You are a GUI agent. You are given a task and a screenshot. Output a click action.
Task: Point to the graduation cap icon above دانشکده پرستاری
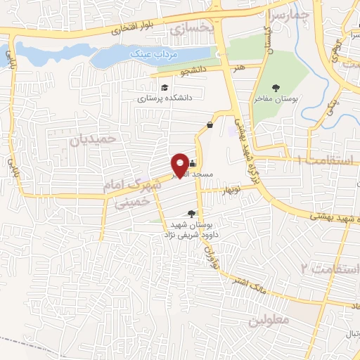pyautogui.click(x=164, y=88)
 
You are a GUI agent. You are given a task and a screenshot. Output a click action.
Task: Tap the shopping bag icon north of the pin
pyautogui.click(x=210, y=125)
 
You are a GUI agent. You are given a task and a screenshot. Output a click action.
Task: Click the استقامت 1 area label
pyautogui.click(x=326, y=161)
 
